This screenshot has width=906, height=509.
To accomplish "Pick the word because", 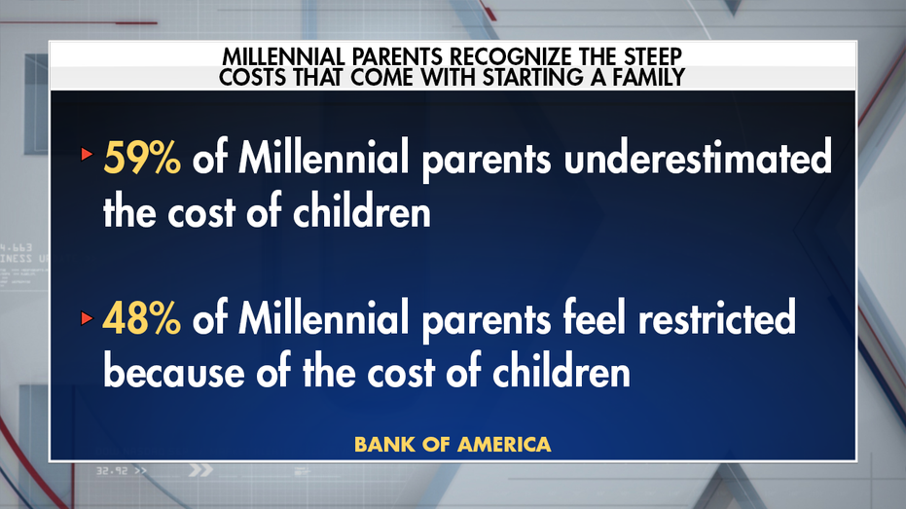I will pos(172,372).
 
